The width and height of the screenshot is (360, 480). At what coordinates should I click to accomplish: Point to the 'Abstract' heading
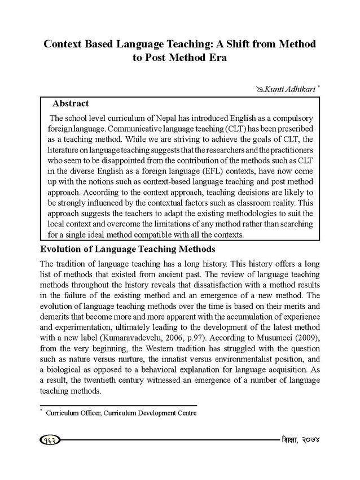(x=71, y=103)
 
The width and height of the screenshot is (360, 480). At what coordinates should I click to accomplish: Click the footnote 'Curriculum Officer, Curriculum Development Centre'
(x=121, y=413)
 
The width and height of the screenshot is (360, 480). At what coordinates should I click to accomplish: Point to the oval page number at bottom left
(x=50, y=440)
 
